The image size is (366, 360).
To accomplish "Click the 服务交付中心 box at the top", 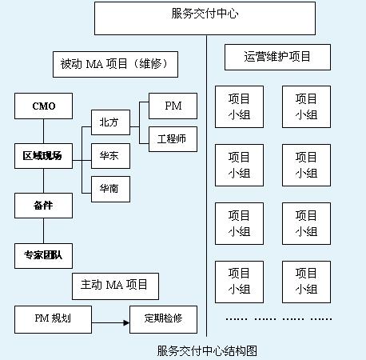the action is [x=205, y=18].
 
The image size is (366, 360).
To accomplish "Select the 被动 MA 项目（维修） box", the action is [x=115, y=64].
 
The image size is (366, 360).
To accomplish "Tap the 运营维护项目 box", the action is [x=277, y=57].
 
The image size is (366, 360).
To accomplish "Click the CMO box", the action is [x=43, y=106].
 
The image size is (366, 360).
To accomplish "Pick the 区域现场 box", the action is [x=43, y=156].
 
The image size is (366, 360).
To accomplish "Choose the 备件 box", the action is [x=43, y=206].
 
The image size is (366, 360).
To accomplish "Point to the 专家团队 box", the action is [x=43, y=256].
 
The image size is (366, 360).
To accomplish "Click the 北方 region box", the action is [x=110, y=122].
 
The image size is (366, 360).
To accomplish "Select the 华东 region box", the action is [x=110, y=156].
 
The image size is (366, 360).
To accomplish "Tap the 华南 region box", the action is [x=110, y=189].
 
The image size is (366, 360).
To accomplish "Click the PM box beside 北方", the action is [x=173, y=106].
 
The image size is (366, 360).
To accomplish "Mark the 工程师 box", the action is [x=173, y=139].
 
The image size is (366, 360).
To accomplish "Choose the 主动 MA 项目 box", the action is [x=115, y=286].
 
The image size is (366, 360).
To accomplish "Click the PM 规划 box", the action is [x=53, y=319].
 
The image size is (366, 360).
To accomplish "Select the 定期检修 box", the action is [x=163, y=319].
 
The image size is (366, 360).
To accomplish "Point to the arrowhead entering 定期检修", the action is [x=126, y=323].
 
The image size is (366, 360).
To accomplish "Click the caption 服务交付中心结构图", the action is [x=207, y=351].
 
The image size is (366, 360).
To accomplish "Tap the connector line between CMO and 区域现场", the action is [x=43, y=131].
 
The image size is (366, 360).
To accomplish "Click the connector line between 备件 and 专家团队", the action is [x=43, y=230].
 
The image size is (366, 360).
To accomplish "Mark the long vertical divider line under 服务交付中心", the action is [x=206, y=186].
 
